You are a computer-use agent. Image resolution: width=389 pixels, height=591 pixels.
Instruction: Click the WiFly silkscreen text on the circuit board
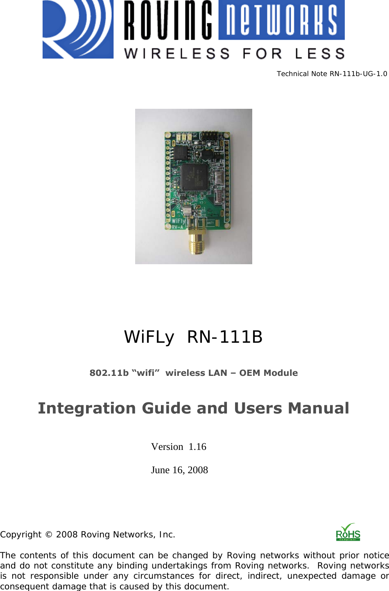178,221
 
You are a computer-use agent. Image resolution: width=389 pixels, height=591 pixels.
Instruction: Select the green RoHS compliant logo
348,533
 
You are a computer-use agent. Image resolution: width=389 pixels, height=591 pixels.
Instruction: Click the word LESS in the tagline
320,54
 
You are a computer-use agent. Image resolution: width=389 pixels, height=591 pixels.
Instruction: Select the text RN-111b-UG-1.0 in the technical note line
358,74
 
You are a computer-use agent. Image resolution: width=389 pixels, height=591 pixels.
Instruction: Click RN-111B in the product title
225,337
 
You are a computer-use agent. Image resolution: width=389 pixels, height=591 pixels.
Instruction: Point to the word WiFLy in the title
149,337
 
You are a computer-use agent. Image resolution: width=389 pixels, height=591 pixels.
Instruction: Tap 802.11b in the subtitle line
109,373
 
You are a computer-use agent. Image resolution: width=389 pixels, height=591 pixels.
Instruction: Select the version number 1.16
197,447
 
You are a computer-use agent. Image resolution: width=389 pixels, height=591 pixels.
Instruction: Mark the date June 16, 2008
179,470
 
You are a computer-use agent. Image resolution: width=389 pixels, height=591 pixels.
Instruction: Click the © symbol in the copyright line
49,535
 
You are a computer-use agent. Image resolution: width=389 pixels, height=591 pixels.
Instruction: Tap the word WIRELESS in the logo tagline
177,54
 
